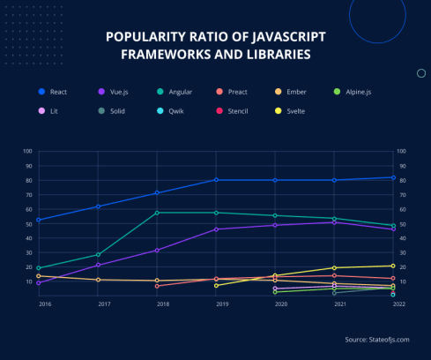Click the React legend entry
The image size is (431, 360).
pos(54,91)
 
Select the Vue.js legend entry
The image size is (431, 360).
pos(115,91)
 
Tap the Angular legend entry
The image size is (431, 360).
pos(177,91)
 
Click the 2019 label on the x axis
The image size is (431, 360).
pos(216,304)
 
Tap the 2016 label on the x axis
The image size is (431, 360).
pos(44,304)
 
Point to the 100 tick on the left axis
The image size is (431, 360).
pos(28,151)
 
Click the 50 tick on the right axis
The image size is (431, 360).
pos(403,224)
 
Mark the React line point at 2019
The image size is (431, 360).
pos(216,180)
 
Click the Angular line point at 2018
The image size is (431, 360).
pos(157,213)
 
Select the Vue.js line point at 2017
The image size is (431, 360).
pos(98,265)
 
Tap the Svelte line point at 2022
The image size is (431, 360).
pos(393,266)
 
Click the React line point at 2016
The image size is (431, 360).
pos(39,220)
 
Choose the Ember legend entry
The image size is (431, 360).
pos(297,91)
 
